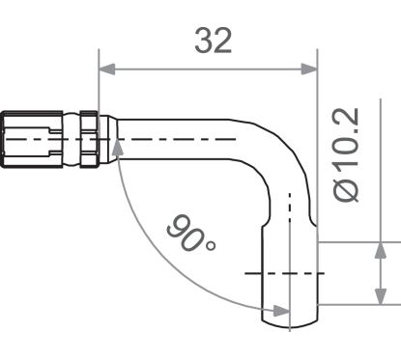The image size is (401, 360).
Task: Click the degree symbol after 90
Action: tap(209, 248)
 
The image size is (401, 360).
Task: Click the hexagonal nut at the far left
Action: tap(29, 140)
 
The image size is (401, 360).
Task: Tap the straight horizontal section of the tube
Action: tap(184, 140)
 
